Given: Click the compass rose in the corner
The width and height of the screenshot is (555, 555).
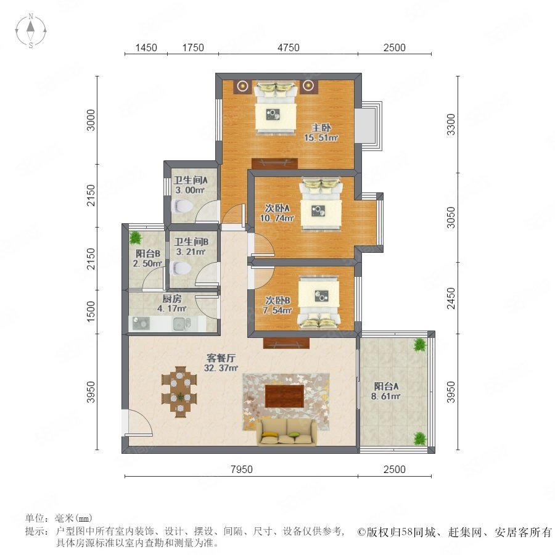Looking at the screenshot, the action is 31,31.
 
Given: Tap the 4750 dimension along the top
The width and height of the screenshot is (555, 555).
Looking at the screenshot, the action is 289,47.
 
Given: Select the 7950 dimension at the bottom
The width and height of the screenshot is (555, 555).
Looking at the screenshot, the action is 242,469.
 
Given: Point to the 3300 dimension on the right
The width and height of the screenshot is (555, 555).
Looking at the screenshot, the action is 451,124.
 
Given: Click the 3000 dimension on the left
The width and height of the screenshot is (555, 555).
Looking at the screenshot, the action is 91,120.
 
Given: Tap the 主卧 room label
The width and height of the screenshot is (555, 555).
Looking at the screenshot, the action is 321,128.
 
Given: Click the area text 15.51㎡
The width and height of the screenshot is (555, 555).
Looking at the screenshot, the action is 321,138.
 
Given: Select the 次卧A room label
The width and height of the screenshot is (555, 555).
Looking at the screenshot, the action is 277,208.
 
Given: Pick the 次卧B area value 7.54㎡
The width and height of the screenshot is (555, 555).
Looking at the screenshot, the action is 277,310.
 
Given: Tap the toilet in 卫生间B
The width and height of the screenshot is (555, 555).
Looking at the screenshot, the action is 181,268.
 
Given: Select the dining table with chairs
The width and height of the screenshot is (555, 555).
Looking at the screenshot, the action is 179,392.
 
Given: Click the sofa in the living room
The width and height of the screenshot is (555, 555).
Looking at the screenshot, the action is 287,432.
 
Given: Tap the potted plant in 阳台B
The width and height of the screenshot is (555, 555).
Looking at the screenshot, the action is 135,238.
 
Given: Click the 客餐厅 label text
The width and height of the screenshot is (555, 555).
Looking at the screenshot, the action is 221,358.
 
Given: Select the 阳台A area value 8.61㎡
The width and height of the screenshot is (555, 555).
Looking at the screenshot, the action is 386,396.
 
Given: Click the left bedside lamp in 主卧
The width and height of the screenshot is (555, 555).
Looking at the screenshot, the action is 242,85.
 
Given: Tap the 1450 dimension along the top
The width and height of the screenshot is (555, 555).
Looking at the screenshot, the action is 146,47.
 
